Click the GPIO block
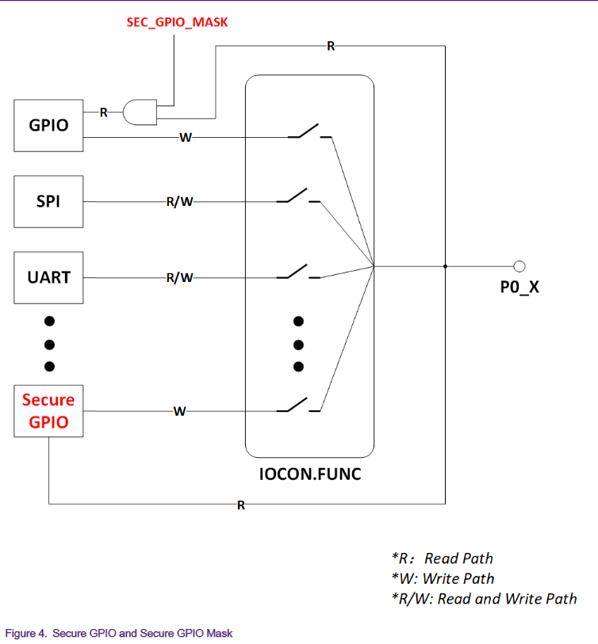48,125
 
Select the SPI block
48,201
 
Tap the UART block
48,277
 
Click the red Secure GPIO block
48,410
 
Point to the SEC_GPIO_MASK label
177,22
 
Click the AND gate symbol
140,112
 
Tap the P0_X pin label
519,287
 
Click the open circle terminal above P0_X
519,266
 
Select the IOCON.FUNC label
309,475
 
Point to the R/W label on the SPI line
180,201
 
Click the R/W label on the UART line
180,277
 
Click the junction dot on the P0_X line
445,266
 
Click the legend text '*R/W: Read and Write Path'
484,599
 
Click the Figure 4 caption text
119,633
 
